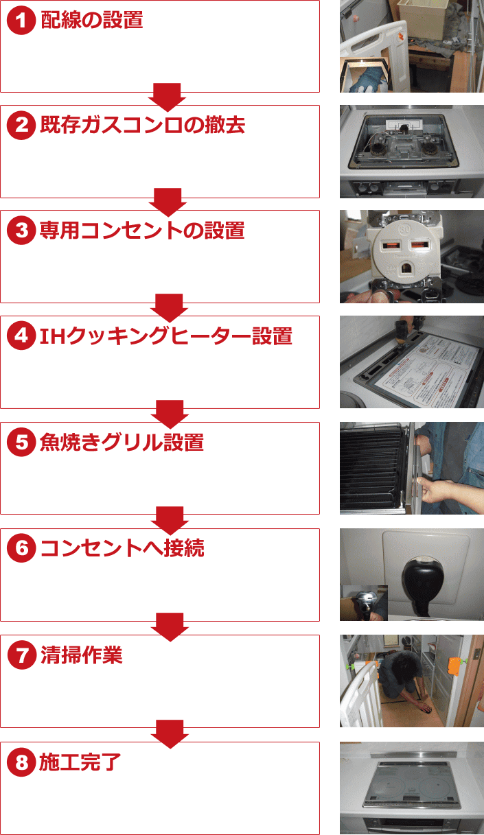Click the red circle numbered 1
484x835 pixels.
tap(21, 20)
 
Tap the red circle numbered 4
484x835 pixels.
tap(21, 336)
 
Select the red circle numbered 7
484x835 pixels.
tap(22, 655)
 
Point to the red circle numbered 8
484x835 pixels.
tap(21, 762)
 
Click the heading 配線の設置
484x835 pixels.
tap(92, 20)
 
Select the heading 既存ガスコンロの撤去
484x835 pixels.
tap(142, 125)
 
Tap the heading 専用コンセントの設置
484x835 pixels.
tap(142, 230)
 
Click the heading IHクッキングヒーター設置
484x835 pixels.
tap(166, 336)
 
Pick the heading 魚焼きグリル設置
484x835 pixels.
tap(122, 442)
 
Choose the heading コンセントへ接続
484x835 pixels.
tap(122, 548)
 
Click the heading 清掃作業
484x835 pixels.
tap(81, 655)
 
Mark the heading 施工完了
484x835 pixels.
tap(80, 762)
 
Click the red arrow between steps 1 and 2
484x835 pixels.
tap(167, 97)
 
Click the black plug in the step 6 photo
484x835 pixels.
tap(422, 585)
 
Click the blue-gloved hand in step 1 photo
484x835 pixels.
tap(368, 80)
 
